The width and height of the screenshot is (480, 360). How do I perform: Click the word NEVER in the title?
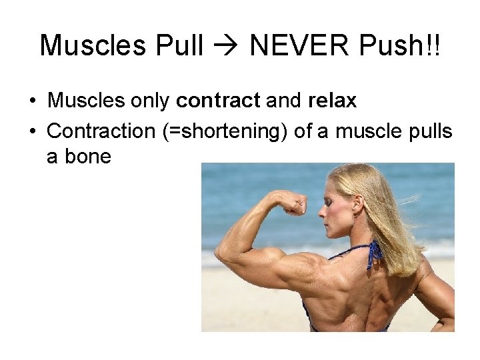[x=291, y=45]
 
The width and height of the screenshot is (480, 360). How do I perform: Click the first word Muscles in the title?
[x=93, y=45]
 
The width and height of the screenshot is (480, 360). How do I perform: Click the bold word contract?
[x=217, y=101]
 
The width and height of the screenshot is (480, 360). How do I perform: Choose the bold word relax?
[x=332, y=101]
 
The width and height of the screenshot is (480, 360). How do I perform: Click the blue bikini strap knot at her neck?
[x=375, y=252]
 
